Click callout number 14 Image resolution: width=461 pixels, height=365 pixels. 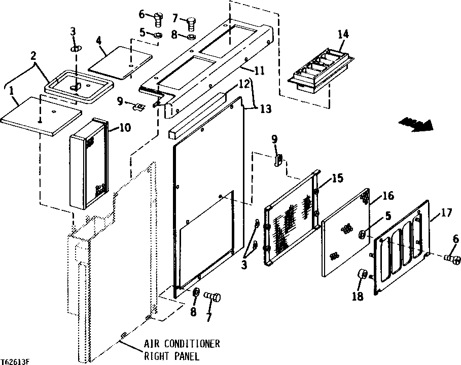pyautogui.click(x=343, y=34)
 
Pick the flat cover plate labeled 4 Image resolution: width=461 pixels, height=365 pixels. pyautogui.click(x=121, y=62)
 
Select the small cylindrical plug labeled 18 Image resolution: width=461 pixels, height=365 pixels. pyautogui.click(x=363, y=275)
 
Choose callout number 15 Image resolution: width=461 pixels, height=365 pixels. pyautogui.click(x=337, y=178)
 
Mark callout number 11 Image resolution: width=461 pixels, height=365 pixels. pyautogui.click(x=259, y=71)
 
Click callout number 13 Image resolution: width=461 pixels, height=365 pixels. pyautogui.click(x=266, y=109)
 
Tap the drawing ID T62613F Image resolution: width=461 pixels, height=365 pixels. pyautogui.click(x=15, y=361)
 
